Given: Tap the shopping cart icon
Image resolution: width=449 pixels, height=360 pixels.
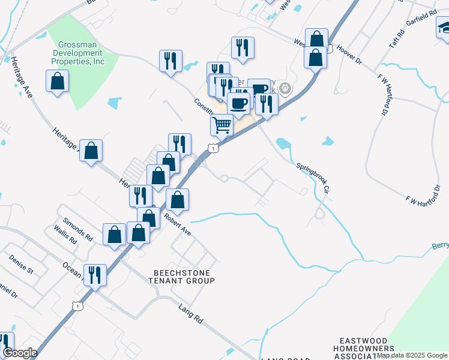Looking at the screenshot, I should coord(222,126).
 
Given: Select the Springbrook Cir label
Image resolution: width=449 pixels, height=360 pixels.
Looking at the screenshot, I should coord(313,177).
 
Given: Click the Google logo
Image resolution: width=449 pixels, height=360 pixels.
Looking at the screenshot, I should coord(20,353).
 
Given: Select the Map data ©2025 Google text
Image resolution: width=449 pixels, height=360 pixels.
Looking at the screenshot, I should coord(412,355).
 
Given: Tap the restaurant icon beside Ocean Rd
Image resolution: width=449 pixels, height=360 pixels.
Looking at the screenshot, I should coord(95,275).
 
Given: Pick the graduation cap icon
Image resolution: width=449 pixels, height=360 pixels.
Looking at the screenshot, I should coord(444,28).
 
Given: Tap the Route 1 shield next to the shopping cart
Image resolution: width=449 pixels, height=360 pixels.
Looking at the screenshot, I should coord(213,148).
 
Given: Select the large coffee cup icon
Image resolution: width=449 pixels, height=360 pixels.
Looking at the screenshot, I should coord(238,103).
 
